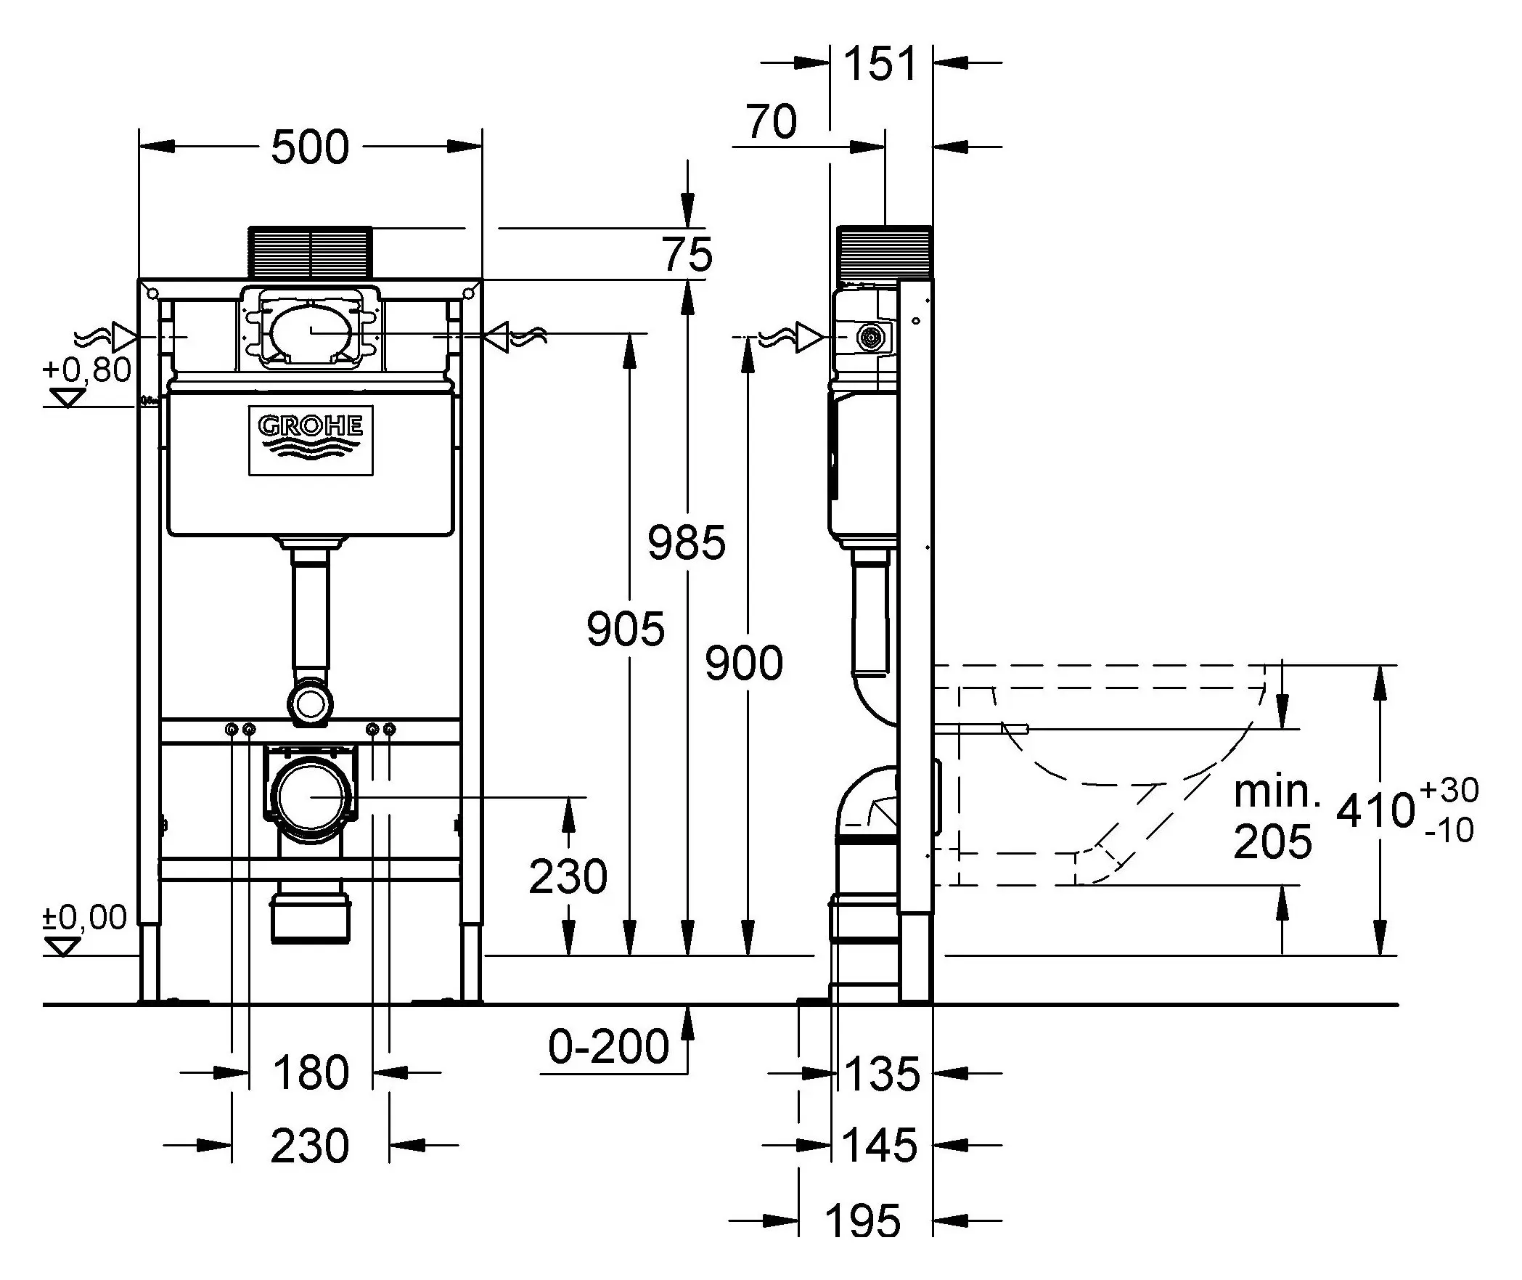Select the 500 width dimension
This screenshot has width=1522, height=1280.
pyautogui.click(x=310, y=148)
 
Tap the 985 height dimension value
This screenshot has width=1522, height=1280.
pyautogui.click(x=686, y=542)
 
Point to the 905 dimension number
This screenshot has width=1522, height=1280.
pyautogui.click(x=625, y=629)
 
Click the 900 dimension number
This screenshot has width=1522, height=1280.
pyautogui.click(x=744, y=664)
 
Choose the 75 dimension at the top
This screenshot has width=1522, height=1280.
pyautogui.click(x=687, y=255)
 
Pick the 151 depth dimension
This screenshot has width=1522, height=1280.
pyautogui.click(x=881, y=64)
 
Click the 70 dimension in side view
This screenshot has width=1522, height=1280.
pyautogui.click(x=771, y=122)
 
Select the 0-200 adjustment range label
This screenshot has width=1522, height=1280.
pyautogui.click(x=608, y=1046)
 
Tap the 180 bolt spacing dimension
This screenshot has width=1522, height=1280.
pyautogui.click(x=311, y=1073)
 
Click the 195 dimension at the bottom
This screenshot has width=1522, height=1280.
pyautogui.click(x=864, y=1222)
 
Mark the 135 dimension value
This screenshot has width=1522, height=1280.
pyautogui.click(x=883, y=1073)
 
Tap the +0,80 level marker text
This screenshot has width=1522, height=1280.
pyautogui.click(x=87, y=370)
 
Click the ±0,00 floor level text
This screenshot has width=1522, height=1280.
pyautogui.click(x=85, y=918)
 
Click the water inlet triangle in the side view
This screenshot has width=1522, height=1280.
pyautogui.click(x=809, y=338)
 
